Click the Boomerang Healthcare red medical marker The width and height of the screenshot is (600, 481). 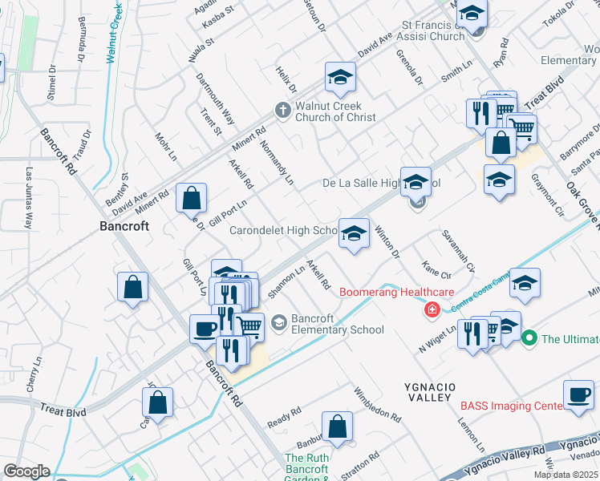coord(432,309)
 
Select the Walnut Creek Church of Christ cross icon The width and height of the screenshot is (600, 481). coord(282,111)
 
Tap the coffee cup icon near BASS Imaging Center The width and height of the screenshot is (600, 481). coord(578,394)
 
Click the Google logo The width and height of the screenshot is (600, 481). coord(27,471)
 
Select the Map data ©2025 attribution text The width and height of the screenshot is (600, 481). coord(566,475)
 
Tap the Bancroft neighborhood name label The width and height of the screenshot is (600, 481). coord(124,226)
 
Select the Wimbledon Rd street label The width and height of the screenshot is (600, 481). coord(378,404)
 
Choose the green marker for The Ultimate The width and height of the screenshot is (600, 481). coord(529,339)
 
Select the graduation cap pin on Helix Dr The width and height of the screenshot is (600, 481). coord(340,78)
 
